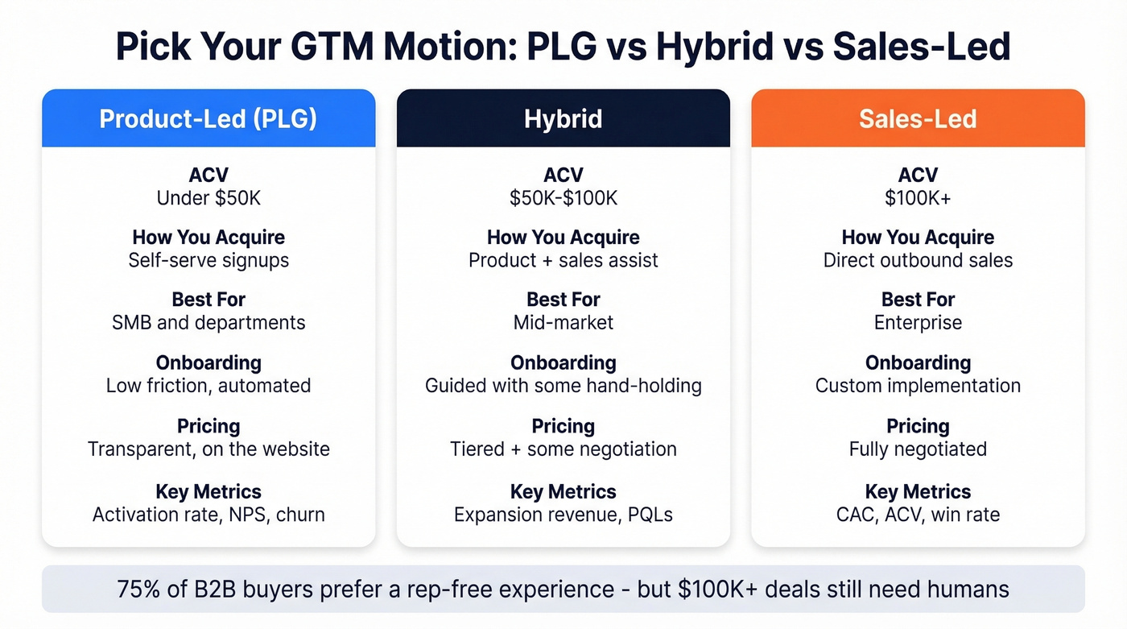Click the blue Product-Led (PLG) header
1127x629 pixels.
point(208,119)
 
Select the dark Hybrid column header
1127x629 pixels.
point(563,119)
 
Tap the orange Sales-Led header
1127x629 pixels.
point(918,119)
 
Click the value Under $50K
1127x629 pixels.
point(208,197)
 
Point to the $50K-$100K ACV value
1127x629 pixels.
point(563,197)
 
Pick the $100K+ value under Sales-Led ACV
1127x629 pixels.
point(918,197)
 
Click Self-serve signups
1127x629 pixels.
point(208,260)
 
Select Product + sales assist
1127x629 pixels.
point(563,260)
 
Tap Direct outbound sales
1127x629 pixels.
point(918,260)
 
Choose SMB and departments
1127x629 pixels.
point(208,323)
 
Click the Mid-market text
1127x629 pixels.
point(563,323)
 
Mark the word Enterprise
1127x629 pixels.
point(918,323)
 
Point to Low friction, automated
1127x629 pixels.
point(208,386)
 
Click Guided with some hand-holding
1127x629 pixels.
point(563,386)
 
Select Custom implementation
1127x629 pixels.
point(918,386)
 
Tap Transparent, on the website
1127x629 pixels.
point(208,449)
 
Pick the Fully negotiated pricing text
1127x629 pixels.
point(918,449)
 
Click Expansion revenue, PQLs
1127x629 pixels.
point(563,514)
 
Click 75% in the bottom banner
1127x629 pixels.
point(139,589)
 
